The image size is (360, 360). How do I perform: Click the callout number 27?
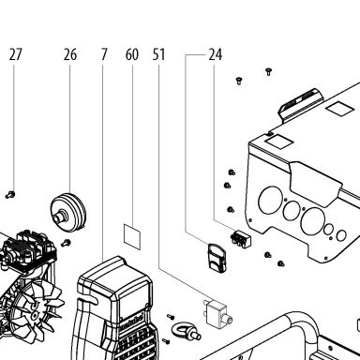tap(16, 54)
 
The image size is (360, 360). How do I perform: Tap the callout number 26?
tap(70, 54)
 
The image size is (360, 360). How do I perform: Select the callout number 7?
tap(104, 54)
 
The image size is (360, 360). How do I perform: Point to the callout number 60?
tap(132, 54)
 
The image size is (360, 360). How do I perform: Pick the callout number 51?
tap(158, 54)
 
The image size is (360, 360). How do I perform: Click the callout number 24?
tap(216, 54)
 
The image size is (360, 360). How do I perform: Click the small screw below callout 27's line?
tap(10, 195)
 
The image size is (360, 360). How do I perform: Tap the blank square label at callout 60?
tap(132, 236)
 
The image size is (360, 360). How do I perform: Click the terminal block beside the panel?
tap(241, 238)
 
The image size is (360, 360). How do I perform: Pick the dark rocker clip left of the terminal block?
tap(217, 258)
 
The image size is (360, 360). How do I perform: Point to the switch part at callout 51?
tap(217, 313)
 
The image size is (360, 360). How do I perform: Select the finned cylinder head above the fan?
tap(29, 247)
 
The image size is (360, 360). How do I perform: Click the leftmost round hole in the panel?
tap(270, 201)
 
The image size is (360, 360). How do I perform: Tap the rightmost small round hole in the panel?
tap(341, 235)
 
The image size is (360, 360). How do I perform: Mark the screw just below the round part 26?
tap(66, 243)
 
